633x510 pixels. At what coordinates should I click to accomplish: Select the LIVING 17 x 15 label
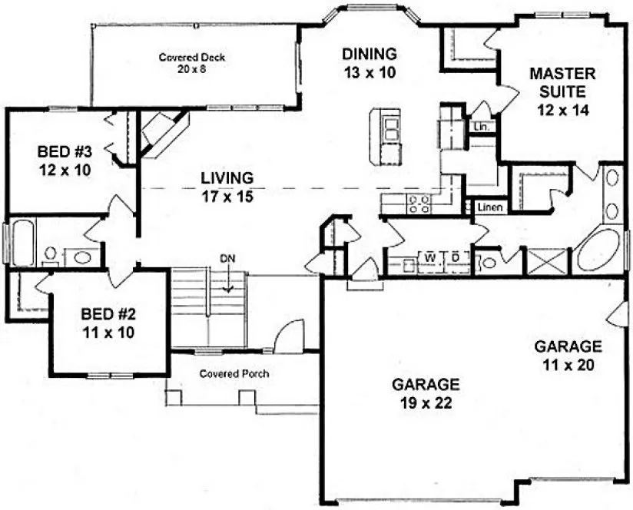point(227,187)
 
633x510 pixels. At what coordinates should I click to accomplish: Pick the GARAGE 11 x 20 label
point(568,355)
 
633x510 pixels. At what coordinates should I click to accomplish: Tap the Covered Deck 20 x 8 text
point(185,62)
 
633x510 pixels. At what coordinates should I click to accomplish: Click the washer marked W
point(429,257)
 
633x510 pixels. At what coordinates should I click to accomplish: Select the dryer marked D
point(454,257)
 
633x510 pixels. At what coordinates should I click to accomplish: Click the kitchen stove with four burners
point(419,204)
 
